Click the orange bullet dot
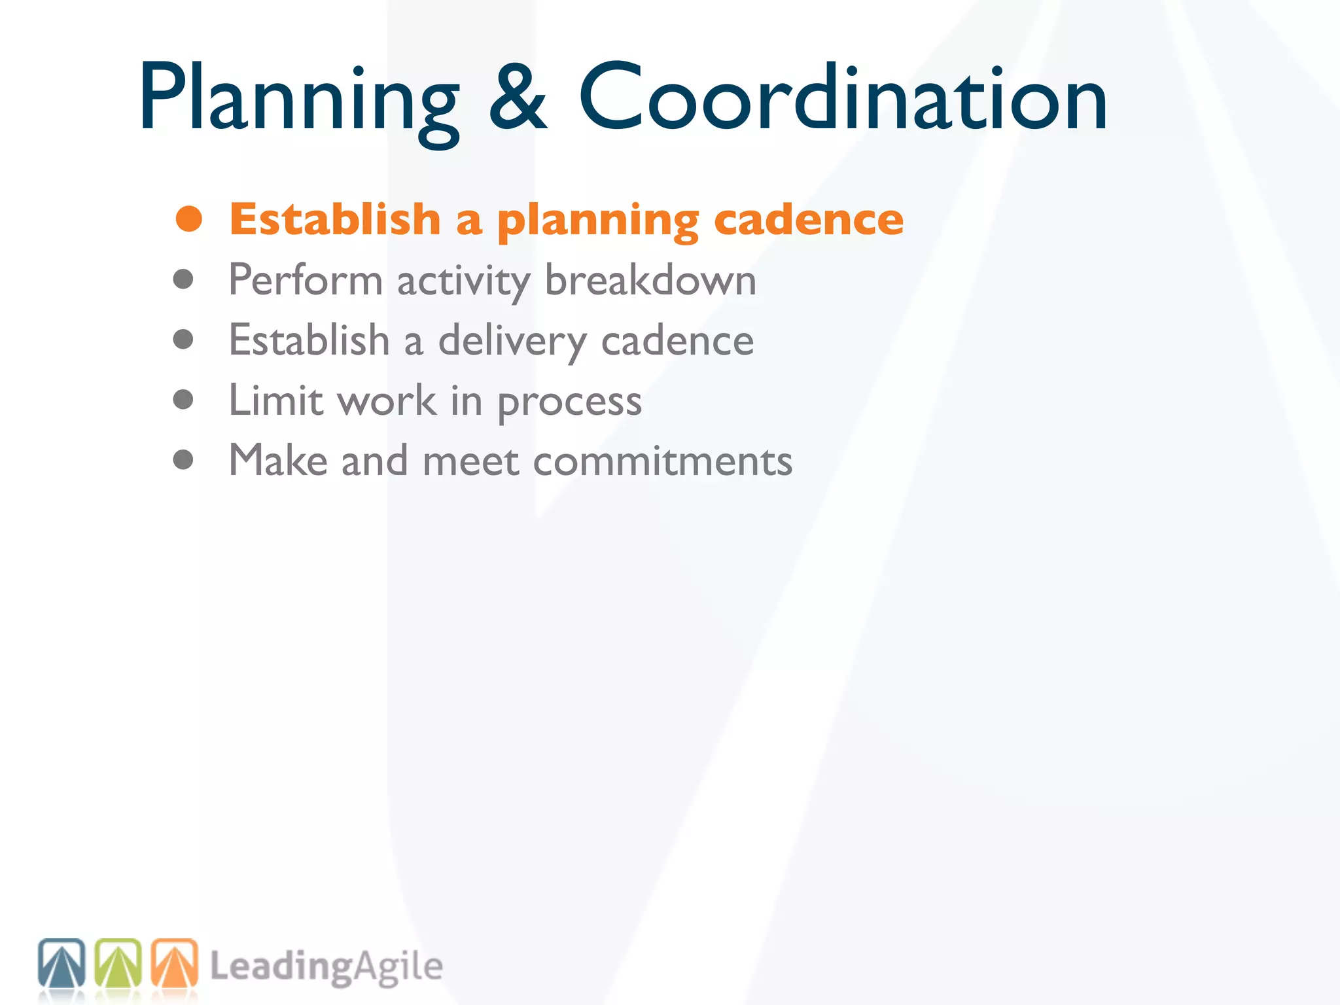[188, 219]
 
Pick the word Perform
[306, 280]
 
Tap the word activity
[464, 281]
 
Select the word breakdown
[650, 280]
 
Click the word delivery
[512, 342]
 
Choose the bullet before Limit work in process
[183, 399]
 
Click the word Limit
[275, 400]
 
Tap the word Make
[278, 460]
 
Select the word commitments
[662, 461]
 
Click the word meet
[471, 461]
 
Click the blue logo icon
[62, 963]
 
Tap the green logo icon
[118, 963]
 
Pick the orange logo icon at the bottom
[175, 963]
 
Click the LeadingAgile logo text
[326, 967]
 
